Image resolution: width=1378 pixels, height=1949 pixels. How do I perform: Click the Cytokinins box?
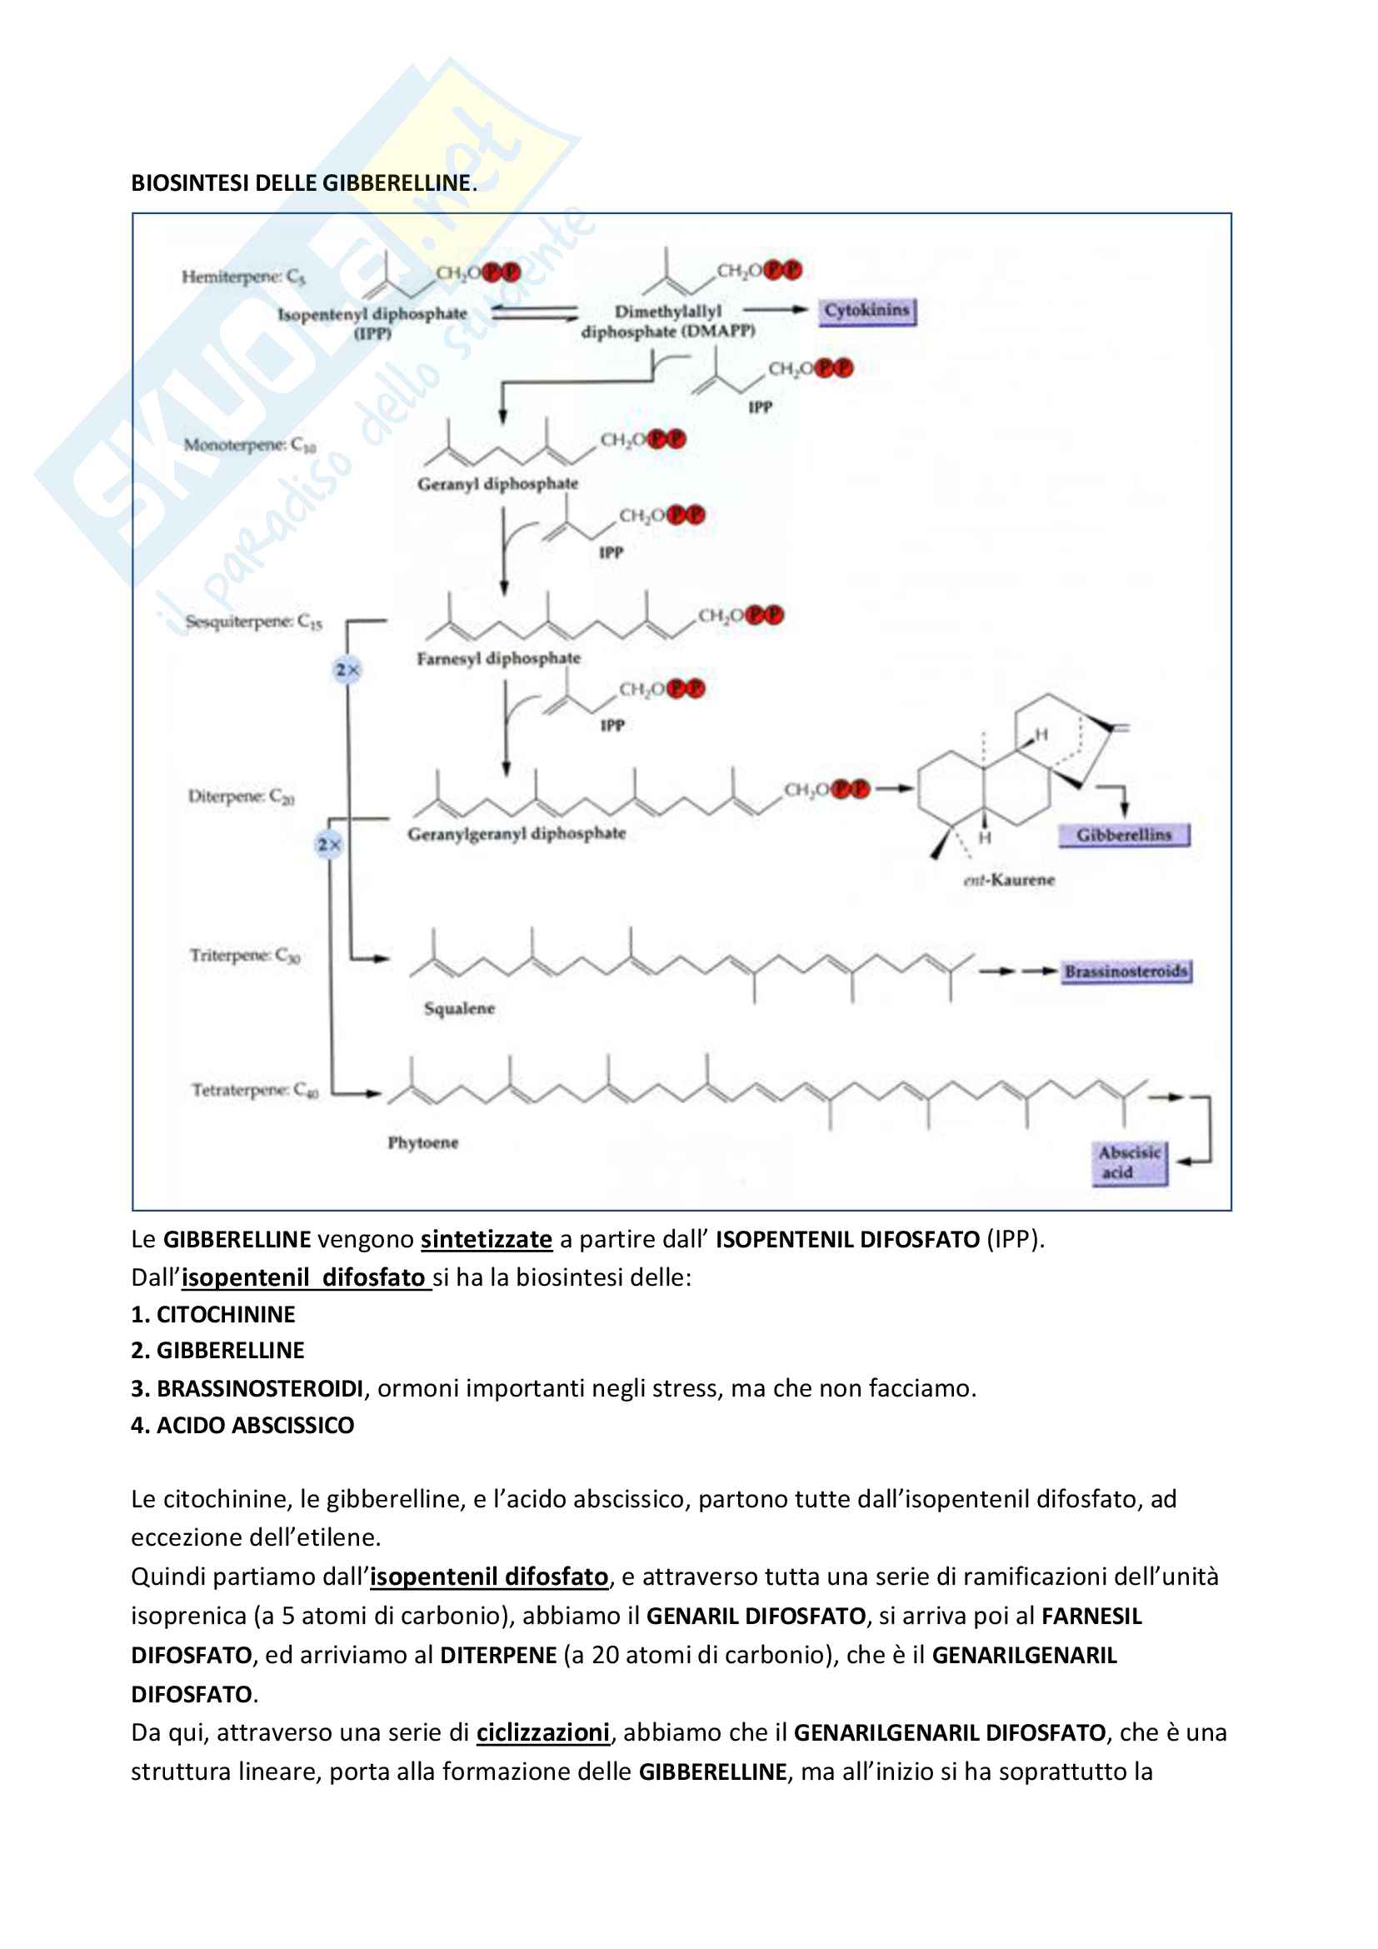866,311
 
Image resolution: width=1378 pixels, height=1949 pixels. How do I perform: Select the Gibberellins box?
1123,835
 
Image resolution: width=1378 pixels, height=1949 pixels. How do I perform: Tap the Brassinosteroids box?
1127,971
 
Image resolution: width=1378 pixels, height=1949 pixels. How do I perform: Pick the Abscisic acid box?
1129,1162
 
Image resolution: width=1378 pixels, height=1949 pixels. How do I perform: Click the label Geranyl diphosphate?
497,484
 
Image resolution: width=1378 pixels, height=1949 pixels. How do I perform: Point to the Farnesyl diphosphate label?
498,659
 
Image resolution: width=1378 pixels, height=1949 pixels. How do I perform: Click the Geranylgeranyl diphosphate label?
516,833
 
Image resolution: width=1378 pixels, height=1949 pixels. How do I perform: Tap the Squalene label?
459,1008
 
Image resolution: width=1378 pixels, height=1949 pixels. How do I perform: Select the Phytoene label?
422,1142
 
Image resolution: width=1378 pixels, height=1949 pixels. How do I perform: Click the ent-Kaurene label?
1009,880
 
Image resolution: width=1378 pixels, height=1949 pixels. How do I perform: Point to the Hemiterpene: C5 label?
242,277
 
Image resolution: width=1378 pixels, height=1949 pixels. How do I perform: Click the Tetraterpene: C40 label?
255,1090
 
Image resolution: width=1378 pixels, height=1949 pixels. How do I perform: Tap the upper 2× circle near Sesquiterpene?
347,670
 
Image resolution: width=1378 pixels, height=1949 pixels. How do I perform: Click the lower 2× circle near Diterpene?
328,845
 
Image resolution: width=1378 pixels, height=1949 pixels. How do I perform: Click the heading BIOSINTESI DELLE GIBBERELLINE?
303,183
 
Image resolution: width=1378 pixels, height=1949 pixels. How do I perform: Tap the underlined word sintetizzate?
487,1239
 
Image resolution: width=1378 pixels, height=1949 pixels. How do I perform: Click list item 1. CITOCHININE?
213,1314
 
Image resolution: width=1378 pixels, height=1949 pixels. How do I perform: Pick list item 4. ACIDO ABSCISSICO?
242,1425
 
